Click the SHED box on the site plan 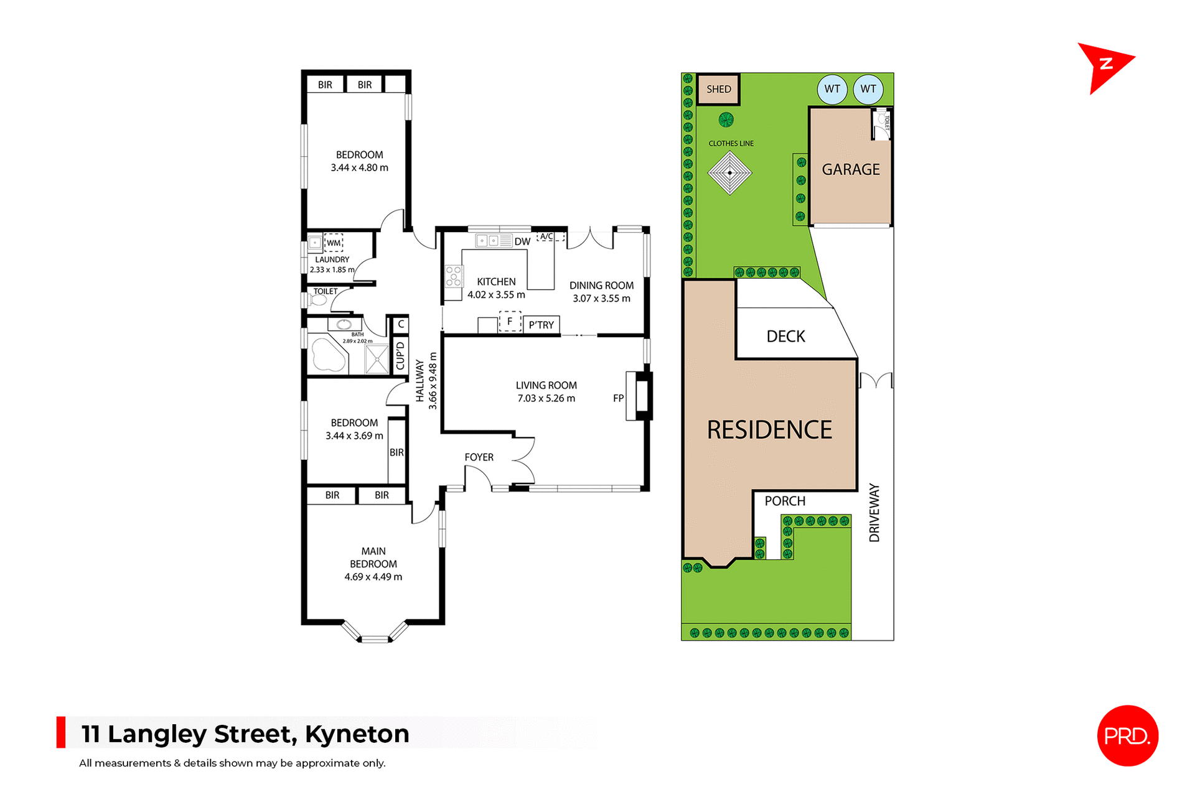click(718, 89)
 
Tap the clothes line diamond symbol click(729, 173)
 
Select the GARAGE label click(850, 169)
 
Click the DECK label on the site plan click(785, 337)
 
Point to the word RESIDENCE click(769, 430)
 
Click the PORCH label click(785, 501)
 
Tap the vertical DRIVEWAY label click(874, 513)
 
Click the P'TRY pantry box click(541, 325)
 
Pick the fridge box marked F click(510, 322)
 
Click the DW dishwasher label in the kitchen click(522, 241)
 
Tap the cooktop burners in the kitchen click(454, 276)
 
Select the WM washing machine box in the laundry click(334, 243)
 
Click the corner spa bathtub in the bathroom click(328, 354)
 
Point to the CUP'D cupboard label click(400, 355)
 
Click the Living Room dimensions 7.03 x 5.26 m click(546, 398)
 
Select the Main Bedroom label click(373, 557)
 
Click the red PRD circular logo click(1127, 735)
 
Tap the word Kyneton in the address click(357, 734)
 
